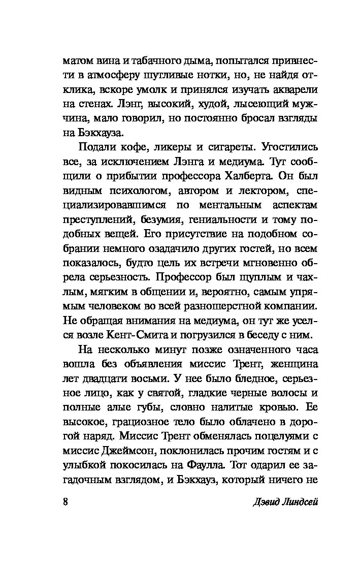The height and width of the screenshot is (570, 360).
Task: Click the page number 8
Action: (65, 502)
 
